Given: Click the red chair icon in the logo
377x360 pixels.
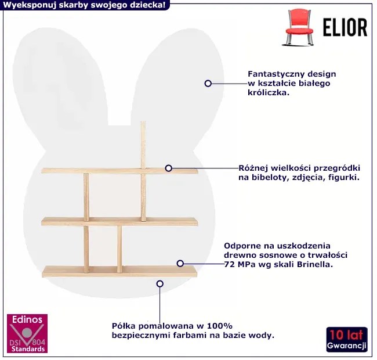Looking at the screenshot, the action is click(x=299, y=27).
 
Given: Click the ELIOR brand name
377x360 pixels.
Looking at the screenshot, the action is click(x=345, y=27).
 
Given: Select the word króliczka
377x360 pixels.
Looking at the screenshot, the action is click(x=269, y=93).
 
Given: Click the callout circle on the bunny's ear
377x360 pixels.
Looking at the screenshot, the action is click(x=208, y=84).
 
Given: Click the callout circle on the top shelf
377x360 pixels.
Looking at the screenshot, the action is click(x=169, y=168).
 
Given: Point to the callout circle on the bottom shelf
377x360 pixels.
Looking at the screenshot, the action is click(x=180, y=263).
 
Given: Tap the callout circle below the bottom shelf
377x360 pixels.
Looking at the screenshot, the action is click(x=160, y=284).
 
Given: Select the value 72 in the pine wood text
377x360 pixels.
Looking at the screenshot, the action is click(x=229, y=264).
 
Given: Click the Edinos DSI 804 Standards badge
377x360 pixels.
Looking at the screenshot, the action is click(x=27, y=333).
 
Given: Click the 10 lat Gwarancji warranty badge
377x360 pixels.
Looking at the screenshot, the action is click(x=347, y=339).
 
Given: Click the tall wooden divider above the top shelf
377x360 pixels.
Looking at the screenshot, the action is click(x=143, y=145).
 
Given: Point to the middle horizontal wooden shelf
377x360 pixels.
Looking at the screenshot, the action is click(x=119, y=222).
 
